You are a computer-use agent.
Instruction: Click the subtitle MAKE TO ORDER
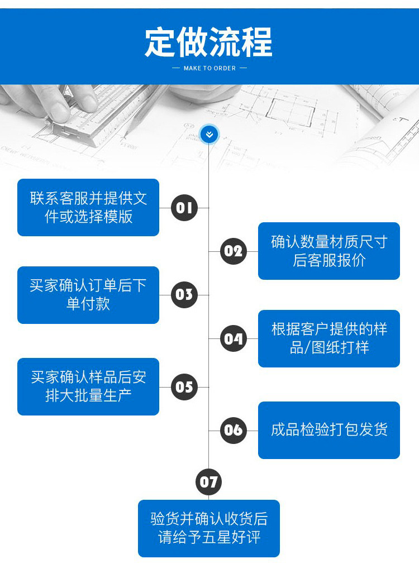click(x=209, y=68)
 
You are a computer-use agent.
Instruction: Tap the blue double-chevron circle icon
click(x=209, y=134)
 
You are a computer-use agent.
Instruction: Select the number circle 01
click(x=184, y=208)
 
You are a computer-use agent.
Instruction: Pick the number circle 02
click(x=234, y=251)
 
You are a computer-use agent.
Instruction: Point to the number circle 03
click(x=184, y=295)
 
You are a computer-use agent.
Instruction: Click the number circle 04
click(x=234, y=338)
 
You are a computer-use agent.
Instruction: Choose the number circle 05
click(x=184, y=387)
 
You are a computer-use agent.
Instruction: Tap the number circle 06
click(x=234, y=430)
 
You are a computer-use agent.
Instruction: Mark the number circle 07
click(x=209, y=481)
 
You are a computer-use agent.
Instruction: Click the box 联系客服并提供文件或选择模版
click(x=88, y=207)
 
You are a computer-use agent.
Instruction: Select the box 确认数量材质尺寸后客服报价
click(x=329, y=251)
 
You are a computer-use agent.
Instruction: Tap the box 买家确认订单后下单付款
click(x=88, y=295)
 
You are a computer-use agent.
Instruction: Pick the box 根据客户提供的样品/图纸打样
click(x=329, y=338)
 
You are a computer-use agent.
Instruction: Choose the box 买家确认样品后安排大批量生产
click(x=88, y=386)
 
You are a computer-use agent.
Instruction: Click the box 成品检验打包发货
click(x=329, y=430)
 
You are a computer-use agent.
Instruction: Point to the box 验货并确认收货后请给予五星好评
click(x=209, y=528)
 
